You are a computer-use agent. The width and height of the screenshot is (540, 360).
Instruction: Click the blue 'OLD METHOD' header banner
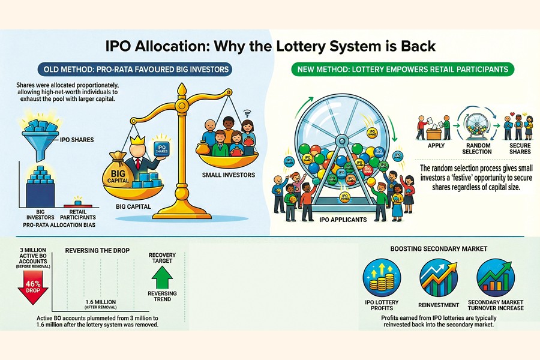(133, 70)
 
